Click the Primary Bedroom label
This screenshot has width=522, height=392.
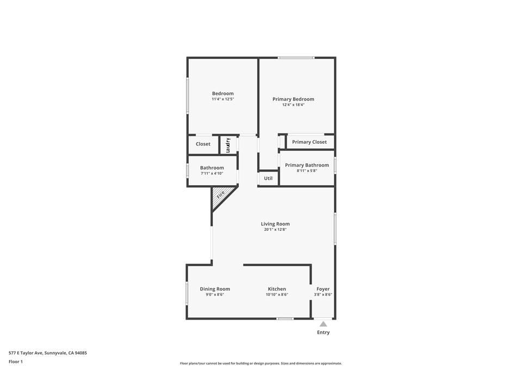click(293, 99)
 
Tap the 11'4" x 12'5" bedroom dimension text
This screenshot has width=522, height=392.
click(222, 99)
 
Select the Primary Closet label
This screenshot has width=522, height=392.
click(309, 142)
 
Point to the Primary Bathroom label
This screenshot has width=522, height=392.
click(307, 165)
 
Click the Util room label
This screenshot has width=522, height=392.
click(268, 178)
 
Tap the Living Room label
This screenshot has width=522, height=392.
click(275, 224)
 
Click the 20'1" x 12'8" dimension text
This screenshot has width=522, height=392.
click(275, 230)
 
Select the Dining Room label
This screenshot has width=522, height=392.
click(215, 289)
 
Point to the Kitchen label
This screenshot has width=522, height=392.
click(277, 289)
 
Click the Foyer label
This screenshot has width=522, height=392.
click(323, 289)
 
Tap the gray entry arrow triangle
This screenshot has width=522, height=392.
click(323, 324)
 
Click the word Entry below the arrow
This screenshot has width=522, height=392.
click(323, 332)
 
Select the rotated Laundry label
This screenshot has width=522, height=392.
click(229, 144)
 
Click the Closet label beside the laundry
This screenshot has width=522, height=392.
click(203, 144)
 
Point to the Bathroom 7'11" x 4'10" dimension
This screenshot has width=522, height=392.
click(212, 174)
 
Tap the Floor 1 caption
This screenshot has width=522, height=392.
click(15, 362)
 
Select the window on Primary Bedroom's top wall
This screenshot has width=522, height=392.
click(296, 58)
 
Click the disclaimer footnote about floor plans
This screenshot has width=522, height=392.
click(261, 364)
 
